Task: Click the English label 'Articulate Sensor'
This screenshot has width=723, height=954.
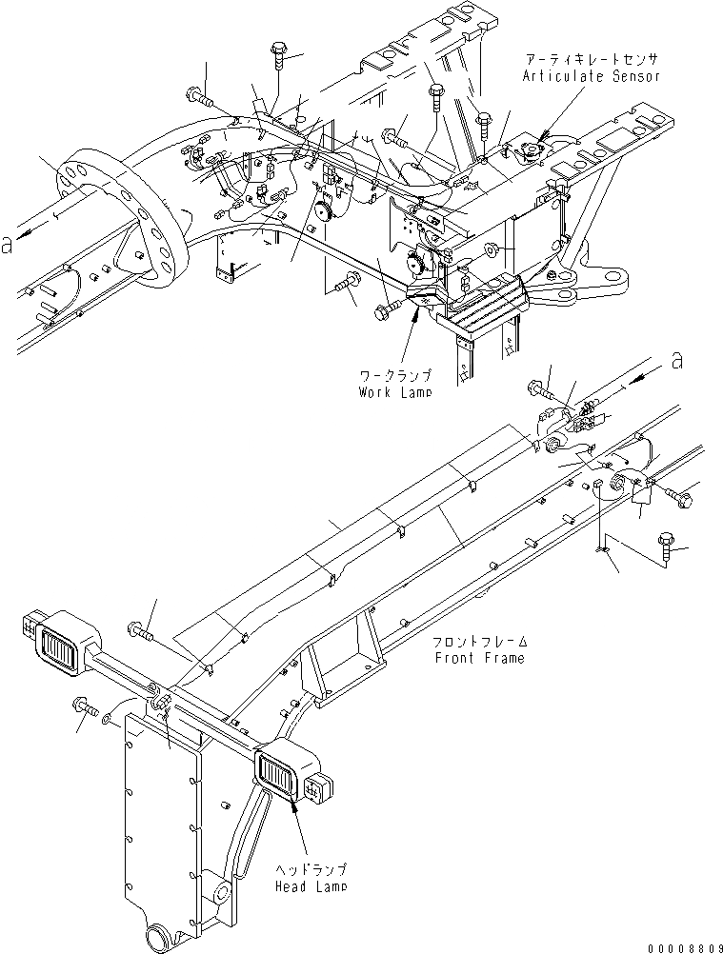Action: [591, 75]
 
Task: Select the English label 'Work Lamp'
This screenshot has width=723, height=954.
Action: [394, 392]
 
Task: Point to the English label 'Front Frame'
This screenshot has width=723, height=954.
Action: [479, 658]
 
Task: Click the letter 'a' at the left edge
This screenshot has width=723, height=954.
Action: [8, 245]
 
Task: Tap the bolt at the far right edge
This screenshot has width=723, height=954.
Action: [666, 546]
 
